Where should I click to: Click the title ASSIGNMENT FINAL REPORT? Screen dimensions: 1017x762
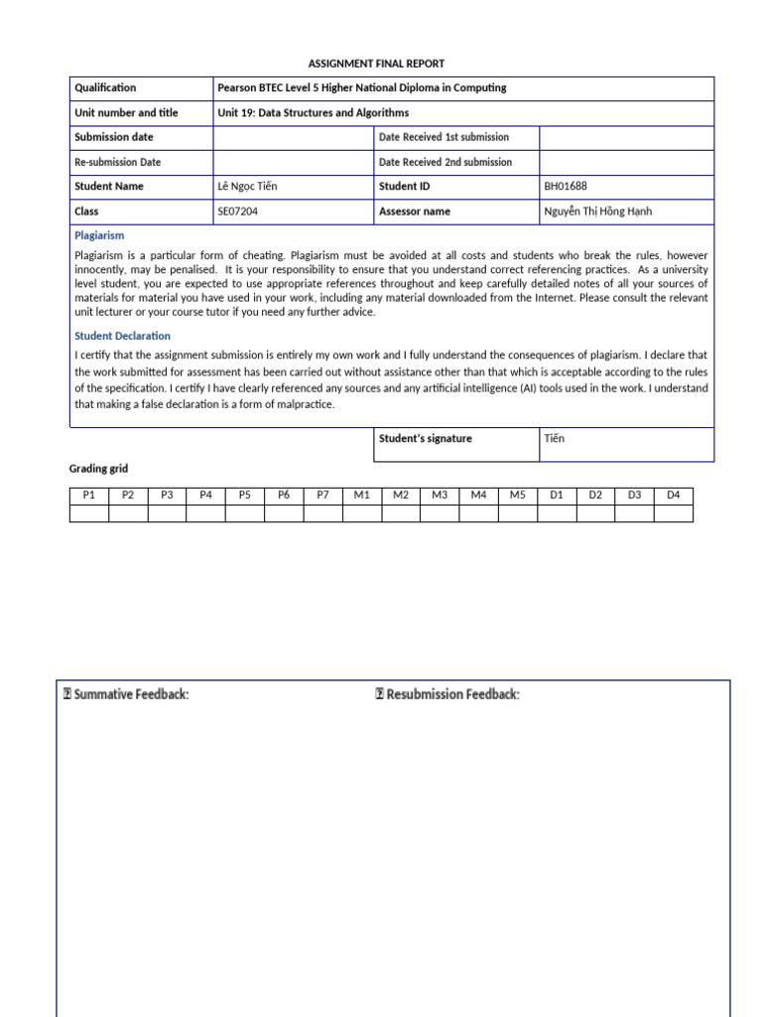click(376, 64)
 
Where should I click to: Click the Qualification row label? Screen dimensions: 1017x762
click(105, 87)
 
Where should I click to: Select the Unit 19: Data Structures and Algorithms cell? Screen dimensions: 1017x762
click(313, 113)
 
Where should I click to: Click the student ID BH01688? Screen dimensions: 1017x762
click(566, 186)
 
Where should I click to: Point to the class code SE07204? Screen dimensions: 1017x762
click(242, 211)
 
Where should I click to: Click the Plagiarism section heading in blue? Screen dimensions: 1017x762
click(99, 235)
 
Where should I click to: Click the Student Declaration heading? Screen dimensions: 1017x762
click(122, 336)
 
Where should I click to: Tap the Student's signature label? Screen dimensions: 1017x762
click(426, 438)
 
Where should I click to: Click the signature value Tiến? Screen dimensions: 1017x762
click(554, 438)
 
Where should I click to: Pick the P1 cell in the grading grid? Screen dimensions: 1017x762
click(89, 495)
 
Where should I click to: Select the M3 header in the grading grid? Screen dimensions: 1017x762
click(440, 495)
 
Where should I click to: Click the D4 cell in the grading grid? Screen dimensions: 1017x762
click(674, 495)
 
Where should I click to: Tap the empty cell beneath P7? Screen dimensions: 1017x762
click(322, 512)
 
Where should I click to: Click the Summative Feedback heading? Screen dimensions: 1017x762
click(125, 694)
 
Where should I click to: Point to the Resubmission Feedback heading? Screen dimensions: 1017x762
click(447, 694)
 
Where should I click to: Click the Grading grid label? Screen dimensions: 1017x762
click(98, 469)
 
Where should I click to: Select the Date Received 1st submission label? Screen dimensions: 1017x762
click(444, 137)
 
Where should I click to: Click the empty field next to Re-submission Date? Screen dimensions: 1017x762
click(293, 162)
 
